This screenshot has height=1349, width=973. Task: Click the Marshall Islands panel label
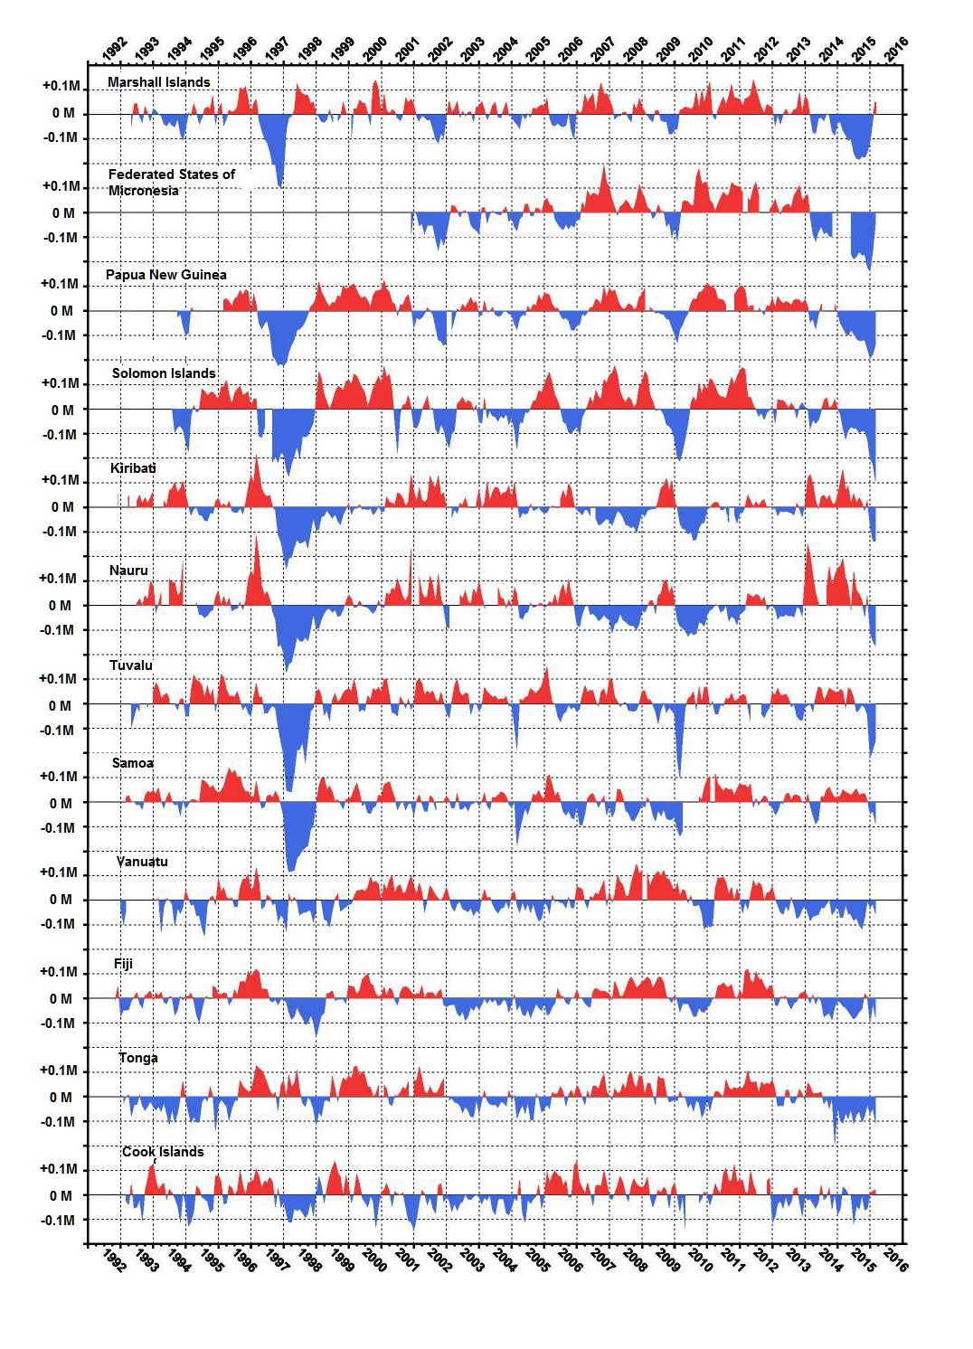[158, 82]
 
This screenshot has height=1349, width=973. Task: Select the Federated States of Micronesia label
[171, 182]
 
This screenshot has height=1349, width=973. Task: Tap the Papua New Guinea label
[165, 275]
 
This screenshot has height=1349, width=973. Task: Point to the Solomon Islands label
[164, 373]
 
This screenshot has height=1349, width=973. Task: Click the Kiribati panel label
[133, 468]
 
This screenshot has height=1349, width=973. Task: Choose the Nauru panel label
[128, 571]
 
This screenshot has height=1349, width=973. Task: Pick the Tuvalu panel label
[131, 665]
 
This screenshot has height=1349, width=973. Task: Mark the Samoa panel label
[133, 763]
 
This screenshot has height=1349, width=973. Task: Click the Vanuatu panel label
[142, 862]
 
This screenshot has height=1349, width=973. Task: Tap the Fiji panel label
[123, 964]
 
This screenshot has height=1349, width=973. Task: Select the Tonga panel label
[138, 1058]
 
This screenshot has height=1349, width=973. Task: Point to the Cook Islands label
[163, 1152]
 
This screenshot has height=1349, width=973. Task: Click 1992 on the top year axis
[115, 48]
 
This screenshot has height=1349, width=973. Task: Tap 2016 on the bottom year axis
[895, 1259]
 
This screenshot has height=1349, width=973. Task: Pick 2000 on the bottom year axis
[374, 1259]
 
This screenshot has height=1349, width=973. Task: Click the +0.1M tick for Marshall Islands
[61, 87]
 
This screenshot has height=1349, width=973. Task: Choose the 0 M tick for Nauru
[60, 606]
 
